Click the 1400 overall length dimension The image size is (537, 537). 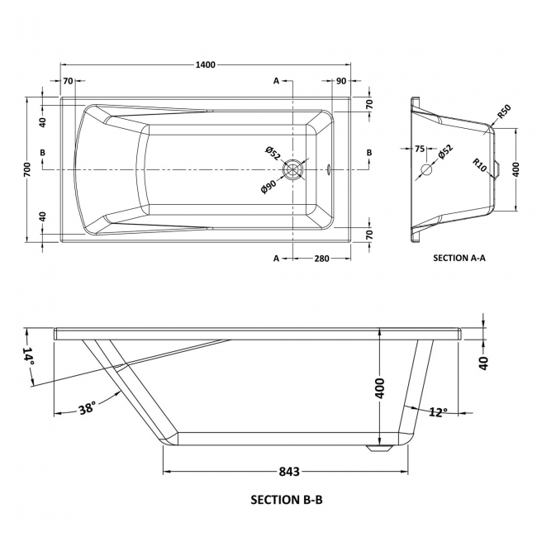tap(207, 65)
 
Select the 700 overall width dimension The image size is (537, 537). tap(27, 169)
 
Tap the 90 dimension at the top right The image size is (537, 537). tap(341, 80)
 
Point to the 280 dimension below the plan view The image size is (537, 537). tap(321, 259)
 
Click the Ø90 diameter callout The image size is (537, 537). tap(268, 183)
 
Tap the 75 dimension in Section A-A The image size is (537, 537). tap(419, 150)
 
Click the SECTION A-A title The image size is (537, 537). tap(459, 257)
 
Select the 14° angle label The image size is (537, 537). tap(29, 358)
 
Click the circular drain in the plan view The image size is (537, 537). tap(294, 169)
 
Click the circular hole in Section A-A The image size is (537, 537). tap(427, 170)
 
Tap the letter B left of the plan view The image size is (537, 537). tap(43, 154)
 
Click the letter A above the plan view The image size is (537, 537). tap(277, 80)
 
